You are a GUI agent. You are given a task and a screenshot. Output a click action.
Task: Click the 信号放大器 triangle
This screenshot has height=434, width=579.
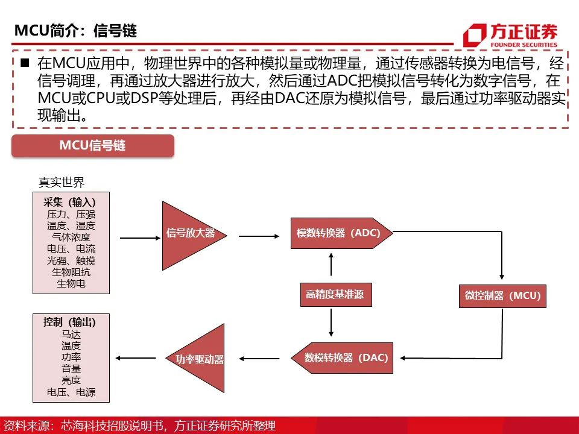pos(188,236)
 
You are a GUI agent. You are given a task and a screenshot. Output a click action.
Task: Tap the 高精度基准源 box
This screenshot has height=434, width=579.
pos(336,295)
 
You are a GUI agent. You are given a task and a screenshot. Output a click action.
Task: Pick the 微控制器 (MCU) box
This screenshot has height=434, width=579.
pos(502,296)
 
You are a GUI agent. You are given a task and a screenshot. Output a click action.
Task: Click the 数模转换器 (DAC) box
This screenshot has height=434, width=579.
pos(342,357)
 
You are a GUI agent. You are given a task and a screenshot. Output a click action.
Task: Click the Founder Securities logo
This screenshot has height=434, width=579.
pos(510,35)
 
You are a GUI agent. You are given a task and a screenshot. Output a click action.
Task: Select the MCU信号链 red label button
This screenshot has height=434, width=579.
pos(93,146)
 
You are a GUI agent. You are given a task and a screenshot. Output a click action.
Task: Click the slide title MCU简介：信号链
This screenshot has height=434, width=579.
pos(76,31)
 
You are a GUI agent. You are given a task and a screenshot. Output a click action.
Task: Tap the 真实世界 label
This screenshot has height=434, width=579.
pos(62,182)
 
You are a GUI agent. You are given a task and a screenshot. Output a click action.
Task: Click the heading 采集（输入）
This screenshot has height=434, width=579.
pos(69,203)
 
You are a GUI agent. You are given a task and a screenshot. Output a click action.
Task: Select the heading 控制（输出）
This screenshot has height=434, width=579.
pos(69,322)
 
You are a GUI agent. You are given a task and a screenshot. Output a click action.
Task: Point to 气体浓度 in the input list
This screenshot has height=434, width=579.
pos(71,237)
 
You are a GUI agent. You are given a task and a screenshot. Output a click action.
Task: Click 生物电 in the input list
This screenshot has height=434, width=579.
pos(71,283)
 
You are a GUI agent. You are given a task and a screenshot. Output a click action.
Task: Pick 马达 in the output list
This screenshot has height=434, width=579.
pos(71,335)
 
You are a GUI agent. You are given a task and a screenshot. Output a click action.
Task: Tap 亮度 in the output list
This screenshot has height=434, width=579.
pos(71,380)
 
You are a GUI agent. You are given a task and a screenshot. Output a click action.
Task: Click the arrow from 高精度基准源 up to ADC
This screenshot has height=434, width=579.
pos(331,264)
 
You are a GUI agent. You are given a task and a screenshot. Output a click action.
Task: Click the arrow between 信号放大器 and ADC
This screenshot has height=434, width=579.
pos(259,236)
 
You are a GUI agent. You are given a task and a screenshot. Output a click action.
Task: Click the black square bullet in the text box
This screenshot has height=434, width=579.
pos(25,63)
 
